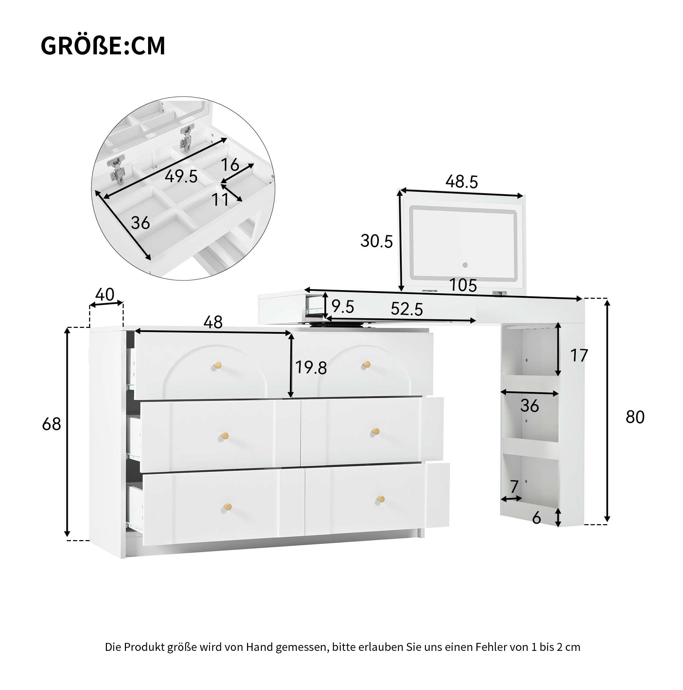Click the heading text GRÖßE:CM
pos(103,46)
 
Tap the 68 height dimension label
pos(52,424)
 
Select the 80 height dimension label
pos(635,417)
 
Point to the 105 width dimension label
pos(463,285)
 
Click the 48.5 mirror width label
pos(462,182)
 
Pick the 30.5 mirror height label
pos(376,241)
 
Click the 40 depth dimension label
pos(105,295)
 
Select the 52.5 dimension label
pos(407,309)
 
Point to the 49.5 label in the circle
pos(181,177)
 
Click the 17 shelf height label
pos(579,356)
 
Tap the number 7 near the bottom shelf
pos(514,486)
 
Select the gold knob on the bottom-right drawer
pos(381,499)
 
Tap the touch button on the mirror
pos(465,265)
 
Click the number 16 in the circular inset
pos(230,165)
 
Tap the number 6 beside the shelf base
pos(537,518)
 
